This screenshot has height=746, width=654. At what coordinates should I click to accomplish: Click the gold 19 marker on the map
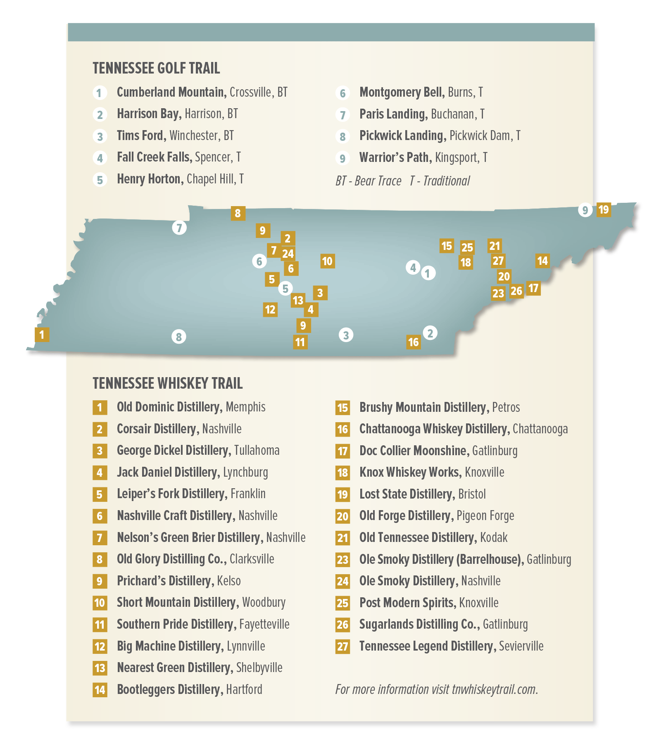point(604,210)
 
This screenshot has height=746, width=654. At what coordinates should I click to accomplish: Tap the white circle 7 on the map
point(179,228)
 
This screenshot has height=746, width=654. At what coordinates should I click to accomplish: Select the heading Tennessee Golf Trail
point(156,69)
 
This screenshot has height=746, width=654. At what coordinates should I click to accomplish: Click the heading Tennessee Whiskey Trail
point(167,383)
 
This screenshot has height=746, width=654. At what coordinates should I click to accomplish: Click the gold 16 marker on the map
point(414,342)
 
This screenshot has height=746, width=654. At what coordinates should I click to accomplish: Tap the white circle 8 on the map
point(179,337)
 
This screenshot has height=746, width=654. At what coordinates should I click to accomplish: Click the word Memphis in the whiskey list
point(245,407)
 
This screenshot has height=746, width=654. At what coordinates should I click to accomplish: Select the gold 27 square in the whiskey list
point(342,646)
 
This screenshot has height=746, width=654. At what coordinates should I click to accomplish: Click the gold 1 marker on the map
point(42,334)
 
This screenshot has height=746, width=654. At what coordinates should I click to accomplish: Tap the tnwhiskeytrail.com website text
point(495,689)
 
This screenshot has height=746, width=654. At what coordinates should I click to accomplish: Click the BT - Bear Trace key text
point(368,181)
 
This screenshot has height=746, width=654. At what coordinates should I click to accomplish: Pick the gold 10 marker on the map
point(327,261)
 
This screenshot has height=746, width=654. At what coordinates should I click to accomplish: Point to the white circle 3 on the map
point(346,335)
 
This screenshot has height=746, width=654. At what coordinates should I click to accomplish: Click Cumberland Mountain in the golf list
point(171,92)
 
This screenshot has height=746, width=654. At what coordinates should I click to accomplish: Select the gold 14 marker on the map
point(542,261)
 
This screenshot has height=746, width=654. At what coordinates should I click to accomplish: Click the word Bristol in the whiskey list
point(472,494)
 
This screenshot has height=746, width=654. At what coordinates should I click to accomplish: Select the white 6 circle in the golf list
point(342,93)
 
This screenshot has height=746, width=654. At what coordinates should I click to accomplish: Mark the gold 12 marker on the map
point(270,309)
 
